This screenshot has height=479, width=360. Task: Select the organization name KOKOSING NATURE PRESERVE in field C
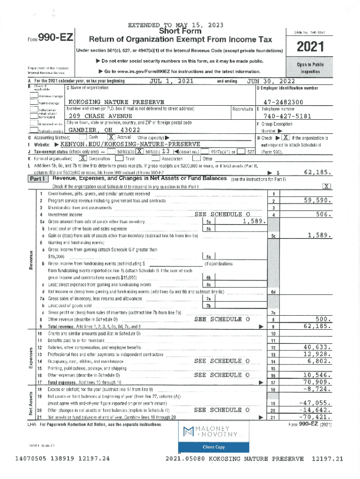tap(116, 102)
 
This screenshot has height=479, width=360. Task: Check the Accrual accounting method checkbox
tap(111, 137)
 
